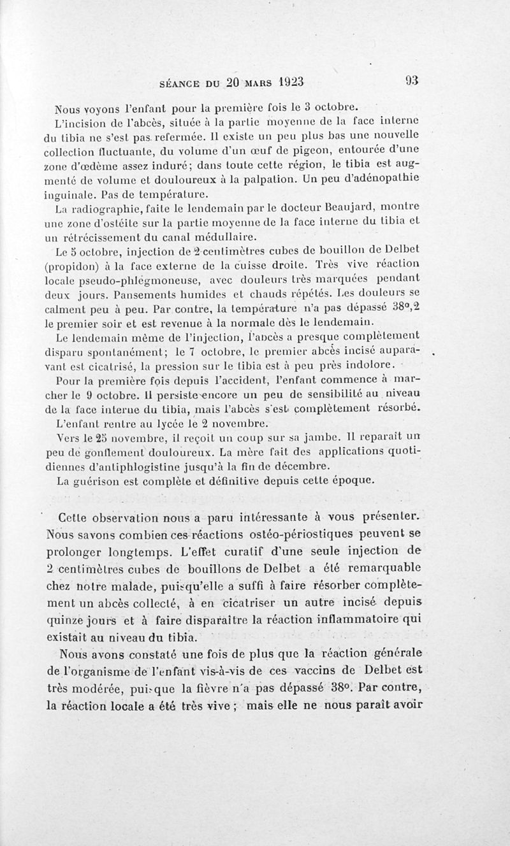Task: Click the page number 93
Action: (x=412, y=81)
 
